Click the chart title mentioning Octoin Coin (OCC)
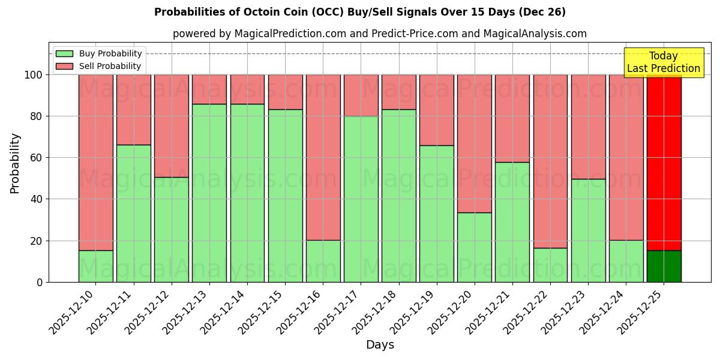click(x=359, y=12)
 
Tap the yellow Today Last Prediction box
click(x=663, y=62)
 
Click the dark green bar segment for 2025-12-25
click(x=664, y=266)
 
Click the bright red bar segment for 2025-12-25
click(x=664, y=162)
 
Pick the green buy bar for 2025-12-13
click(x=209, y=193)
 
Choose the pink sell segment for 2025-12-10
click(x=96, y=162)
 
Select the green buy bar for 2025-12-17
click(x=361, y=199)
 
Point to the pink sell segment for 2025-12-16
click(x=323, y=157)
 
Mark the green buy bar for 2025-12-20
click(x=474, y=247)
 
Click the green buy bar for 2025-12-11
click(x=134, y=214)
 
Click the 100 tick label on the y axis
click(x=34, y=75)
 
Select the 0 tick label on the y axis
click(x=40, y=282)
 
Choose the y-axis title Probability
click(x=15, y=163)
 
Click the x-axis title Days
click(x=380, y=345)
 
